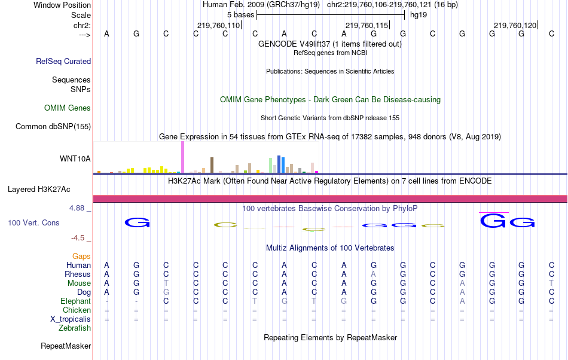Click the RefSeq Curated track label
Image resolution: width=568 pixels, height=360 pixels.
click(63, 61)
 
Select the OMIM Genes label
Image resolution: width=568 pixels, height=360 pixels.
click(68, 108)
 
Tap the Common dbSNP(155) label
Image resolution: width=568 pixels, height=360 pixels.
click(53, 126)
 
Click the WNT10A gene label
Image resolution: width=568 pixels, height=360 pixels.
click(75, 159)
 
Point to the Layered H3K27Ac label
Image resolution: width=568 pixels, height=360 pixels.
click(39, 190)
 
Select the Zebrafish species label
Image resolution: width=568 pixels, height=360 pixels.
click(75, 328)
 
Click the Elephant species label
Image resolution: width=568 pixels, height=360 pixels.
click(75, 301)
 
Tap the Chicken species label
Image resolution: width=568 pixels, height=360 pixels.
click(77, 310)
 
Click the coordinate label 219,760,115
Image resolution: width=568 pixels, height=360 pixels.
click(367, 25)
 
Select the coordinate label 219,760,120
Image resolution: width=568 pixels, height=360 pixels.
click(515, 25)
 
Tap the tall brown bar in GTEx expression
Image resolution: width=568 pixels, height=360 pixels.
click(212, 165)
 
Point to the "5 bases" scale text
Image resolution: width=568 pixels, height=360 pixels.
click(240, 15)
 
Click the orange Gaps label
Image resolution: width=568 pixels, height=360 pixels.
click(81, 257)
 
